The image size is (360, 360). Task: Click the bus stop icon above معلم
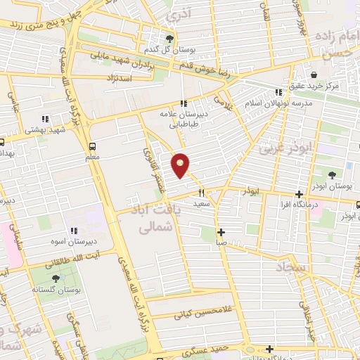coord(93,146)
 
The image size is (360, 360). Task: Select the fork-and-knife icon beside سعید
coord(201,193)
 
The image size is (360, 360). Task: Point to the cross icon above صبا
coord(221,232)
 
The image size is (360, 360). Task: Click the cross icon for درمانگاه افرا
coord(300,194)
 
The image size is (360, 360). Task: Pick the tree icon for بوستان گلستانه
coord(56,278)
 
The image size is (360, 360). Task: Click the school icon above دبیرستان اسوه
coord(73,231)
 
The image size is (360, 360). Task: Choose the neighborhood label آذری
coord(181,14)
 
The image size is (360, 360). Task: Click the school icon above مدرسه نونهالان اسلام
coord(279,91)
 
